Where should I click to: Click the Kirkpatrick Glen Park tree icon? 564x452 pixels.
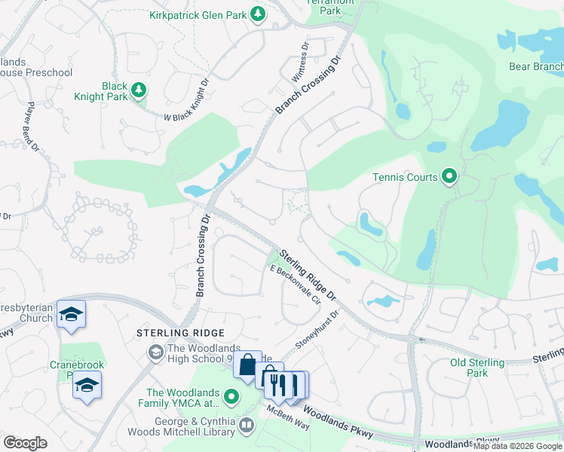258,14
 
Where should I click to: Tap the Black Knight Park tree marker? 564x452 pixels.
138,90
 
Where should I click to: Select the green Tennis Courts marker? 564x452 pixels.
449,177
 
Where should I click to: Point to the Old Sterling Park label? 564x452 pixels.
477,368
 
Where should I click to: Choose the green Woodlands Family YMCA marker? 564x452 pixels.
231,397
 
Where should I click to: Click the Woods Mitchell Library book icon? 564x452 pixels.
246,426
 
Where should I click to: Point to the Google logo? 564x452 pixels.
25,443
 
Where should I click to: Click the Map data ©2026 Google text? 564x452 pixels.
517,446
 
